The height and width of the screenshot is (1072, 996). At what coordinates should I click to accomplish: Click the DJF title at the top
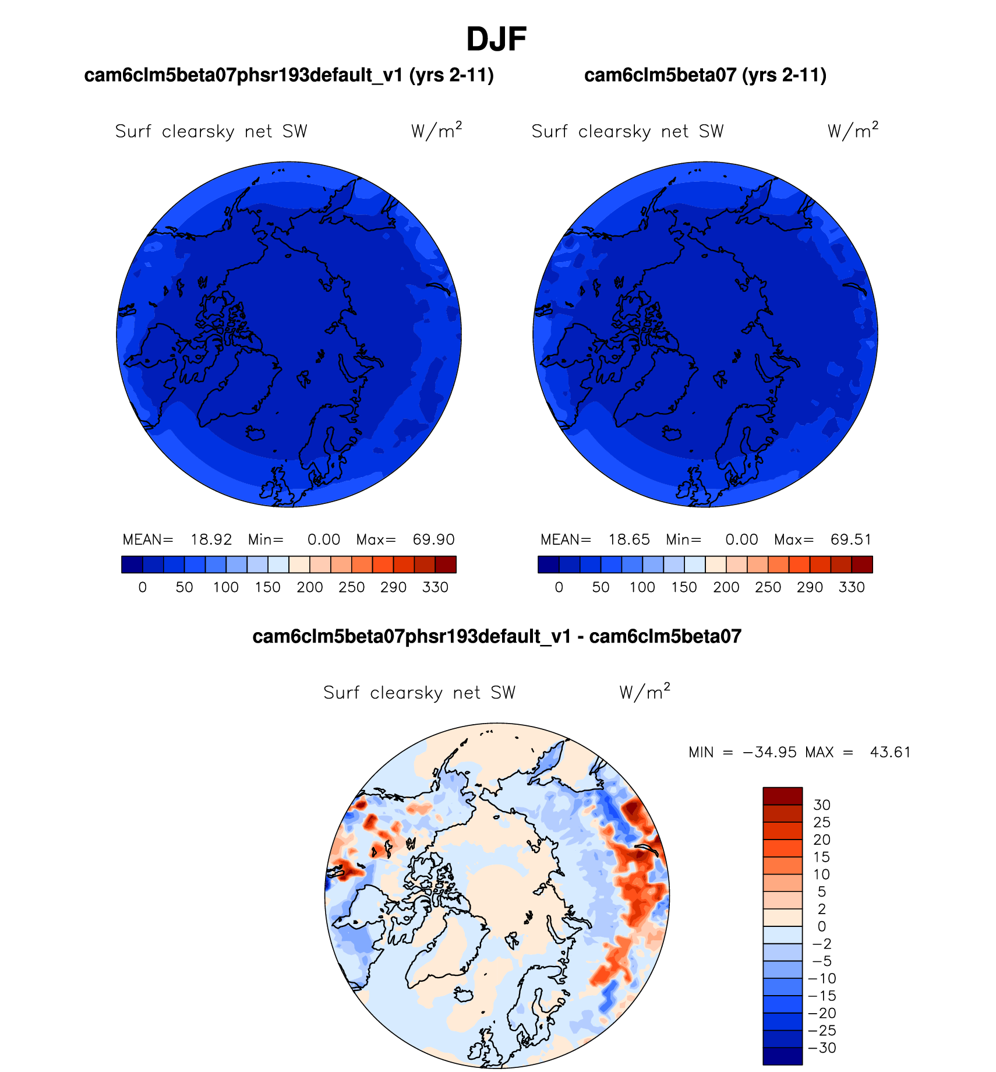pyautogui.click(x=496, y=40)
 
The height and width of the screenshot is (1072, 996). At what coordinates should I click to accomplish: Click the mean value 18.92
pyautogui.click(x=211, y=539)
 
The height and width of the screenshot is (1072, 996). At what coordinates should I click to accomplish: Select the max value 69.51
pyautogui.click(x=851, y=539)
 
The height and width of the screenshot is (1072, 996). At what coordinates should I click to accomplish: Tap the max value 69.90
pyautogui.click(x=433, y=539)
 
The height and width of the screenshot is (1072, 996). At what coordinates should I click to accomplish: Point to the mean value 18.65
pyautogui.click(x=629, y=539)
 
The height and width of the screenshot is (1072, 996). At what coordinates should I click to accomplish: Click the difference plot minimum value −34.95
pyautogui.click(x=769, y=752)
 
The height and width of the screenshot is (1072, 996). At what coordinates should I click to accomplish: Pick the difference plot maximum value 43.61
pyautogui.click(x=890, y=752)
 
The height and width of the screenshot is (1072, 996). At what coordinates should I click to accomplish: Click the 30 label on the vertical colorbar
pyautogui.click(x=821, y=805)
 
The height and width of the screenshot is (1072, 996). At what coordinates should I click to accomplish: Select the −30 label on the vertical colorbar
pyautogui.click(x=822, y=1048)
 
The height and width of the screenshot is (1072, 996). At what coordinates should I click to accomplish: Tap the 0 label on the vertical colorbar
pyautogui.click(x=821, y=926)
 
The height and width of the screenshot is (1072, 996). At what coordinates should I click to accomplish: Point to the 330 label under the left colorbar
pyautogui.click(x=435, y=587)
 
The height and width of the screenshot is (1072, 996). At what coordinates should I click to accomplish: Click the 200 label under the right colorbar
pyautogui.click(x=726, y=587)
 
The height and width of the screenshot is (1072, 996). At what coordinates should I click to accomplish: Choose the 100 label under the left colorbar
pyautogui.click(x=226, y=587)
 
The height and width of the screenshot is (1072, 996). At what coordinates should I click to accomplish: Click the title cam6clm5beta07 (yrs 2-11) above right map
pyautogui.click(x=705, y=75)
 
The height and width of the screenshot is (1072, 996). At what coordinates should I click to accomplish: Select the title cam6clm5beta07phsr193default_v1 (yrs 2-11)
pyautogui.click(x=289, y=75)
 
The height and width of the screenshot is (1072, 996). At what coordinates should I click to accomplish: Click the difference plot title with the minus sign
pyautogui.click(x=497, y=636)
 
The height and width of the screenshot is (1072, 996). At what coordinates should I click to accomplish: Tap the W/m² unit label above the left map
pyautogui.click(x=436, y=131)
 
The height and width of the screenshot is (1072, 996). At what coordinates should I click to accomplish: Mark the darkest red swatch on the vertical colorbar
pyautogui.click(x=782, y=796)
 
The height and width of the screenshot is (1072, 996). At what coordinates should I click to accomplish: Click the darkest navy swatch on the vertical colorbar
pyautogui.click(x=782, y=1056)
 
